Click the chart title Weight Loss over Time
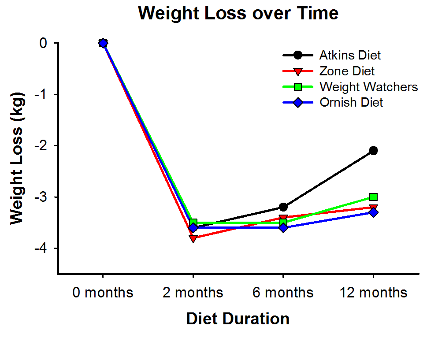(238, 13)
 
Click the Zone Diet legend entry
(347, 71)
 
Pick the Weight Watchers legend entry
(368, 87)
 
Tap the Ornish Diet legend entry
(351, 103)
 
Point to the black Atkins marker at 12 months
(373, 151)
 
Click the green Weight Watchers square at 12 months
(373, 197)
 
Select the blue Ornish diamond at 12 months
(373, 212)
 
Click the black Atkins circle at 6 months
(283, 207)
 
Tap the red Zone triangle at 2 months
(193, 238)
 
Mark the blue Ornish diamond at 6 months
(283, 228)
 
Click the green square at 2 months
(193, 222)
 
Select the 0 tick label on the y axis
(43, 43)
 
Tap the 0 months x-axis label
(103, 293)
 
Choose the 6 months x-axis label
(283, 293)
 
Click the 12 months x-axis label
(373, 293)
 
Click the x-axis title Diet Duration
(238, 319)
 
